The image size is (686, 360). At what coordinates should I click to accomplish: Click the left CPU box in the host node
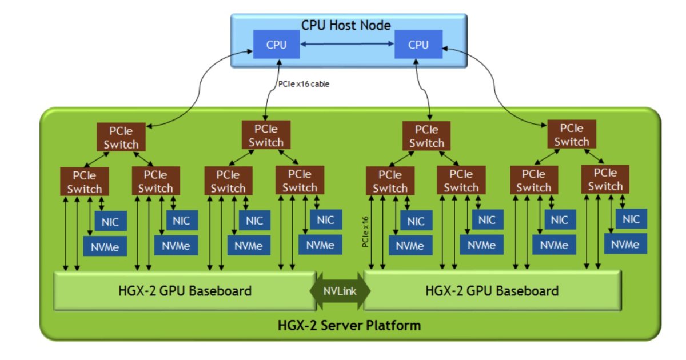(x=277, y=45)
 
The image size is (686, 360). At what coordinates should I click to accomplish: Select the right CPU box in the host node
(x=418, y=45)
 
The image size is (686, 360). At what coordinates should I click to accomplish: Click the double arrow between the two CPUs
(x=347, y=44)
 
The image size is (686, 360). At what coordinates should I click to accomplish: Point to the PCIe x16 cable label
(x=304, y=83)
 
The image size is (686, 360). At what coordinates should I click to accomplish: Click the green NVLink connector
(x=340, y=291)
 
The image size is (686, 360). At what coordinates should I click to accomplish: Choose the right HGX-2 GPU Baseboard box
(x=492, y=291)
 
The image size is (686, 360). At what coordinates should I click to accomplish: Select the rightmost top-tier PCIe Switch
(x=571, y=135)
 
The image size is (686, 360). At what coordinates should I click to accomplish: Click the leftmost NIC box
(x=111, y=221)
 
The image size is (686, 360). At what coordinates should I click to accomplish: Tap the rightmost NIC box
(x=631, y=219)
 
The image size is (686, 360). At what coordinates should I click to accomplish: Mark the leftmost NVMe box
(x=105, y=246)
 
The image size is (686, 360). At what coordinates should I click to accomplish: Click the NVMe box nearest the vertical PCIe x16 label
(x=409, y=246)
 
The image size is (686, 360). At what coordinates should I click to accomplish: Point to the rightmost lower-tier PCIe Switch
(x=605, y=179)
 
